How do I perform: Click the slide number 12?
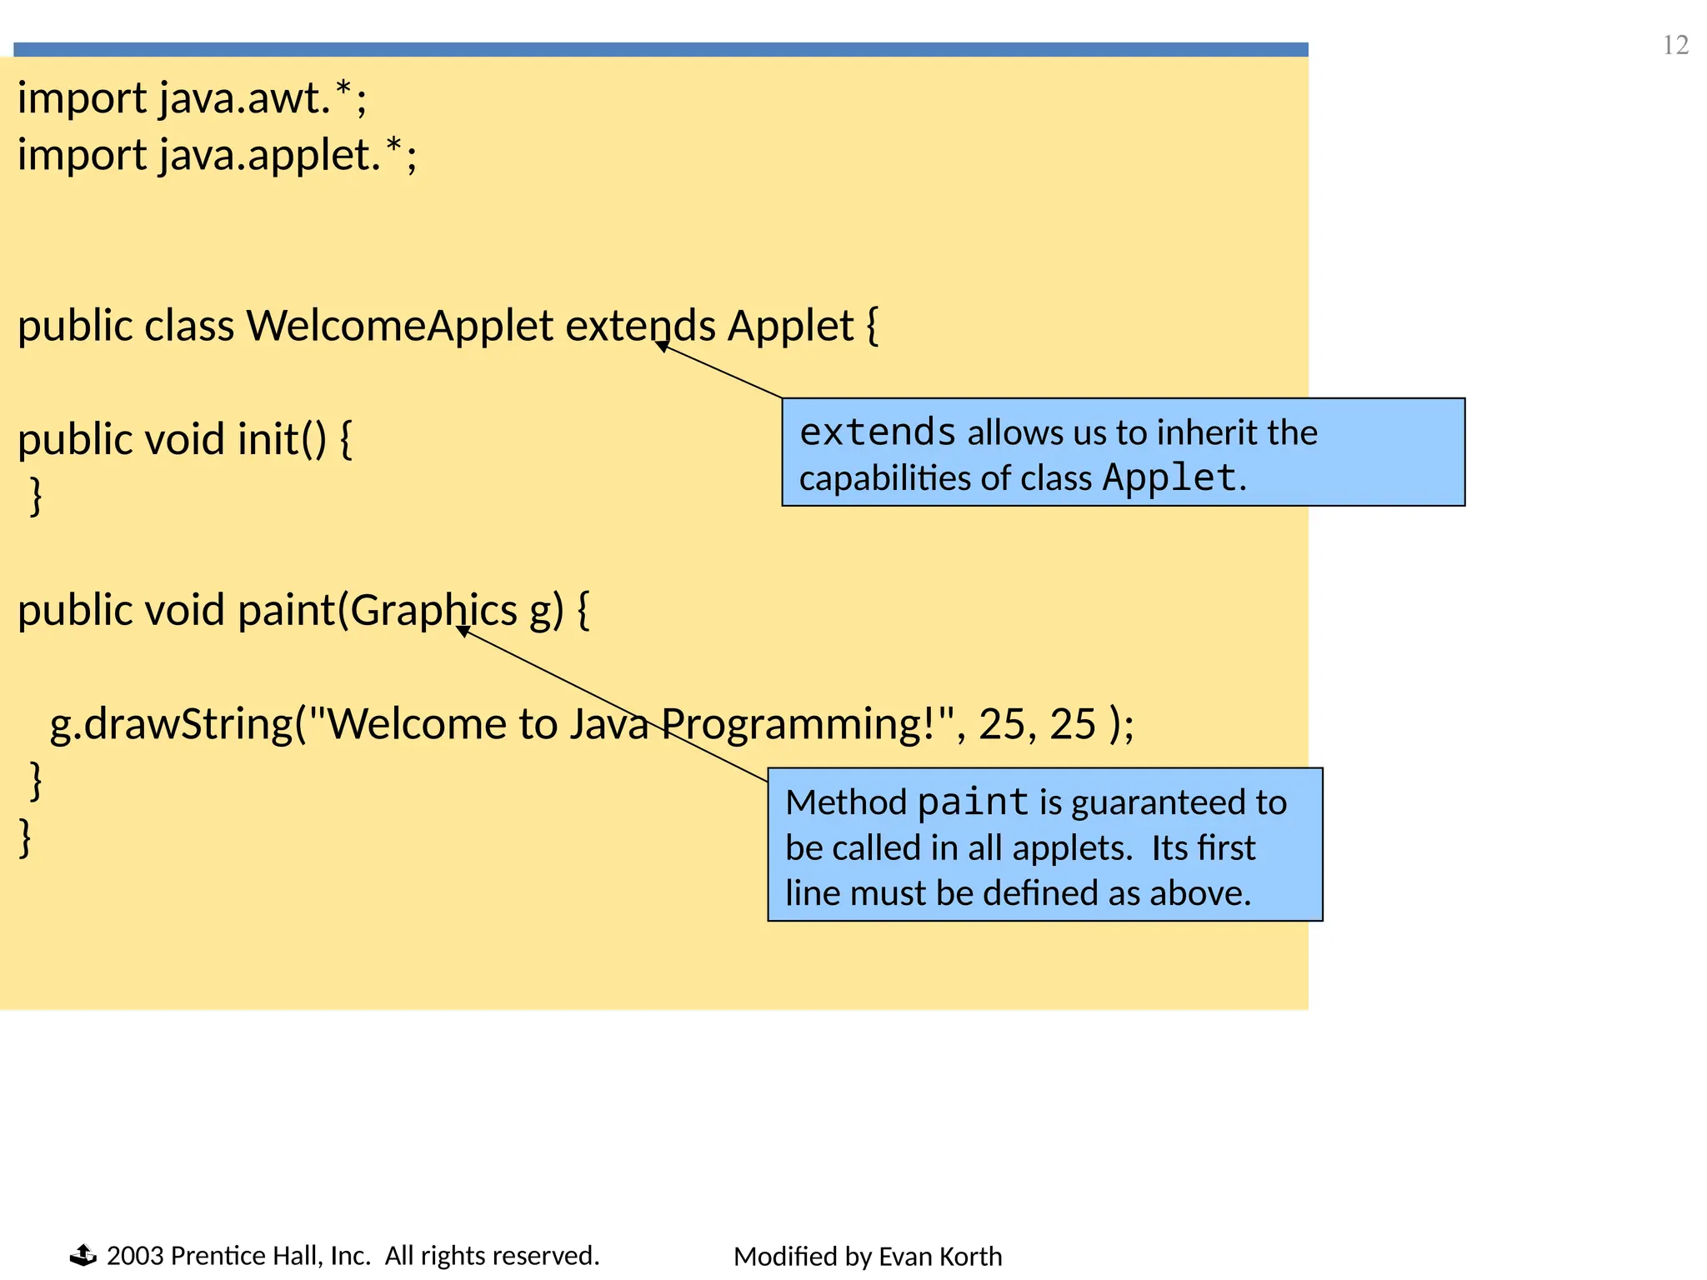[x=1675, y=45]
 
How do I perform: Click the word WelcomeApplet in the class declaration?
[x=399, y=326]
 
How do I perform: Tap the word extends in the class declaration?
[x=640, y=326]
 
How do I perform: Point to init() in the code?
[x=282, y=439]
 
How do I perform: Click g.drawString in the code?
[x=171, y=724]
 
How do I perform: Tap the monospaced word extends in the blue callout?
[x=877, y=432]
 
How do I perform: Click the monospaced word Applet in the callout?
[x=1169, y=478]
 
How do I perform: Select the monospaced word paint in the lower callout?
[x=973, y=802]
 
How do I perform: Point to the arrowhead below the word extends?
[x=663, y=346]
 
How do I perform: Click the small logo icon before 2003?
[x=83, y=1255]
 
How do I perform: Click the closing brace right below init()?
[x=36, y=497]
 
